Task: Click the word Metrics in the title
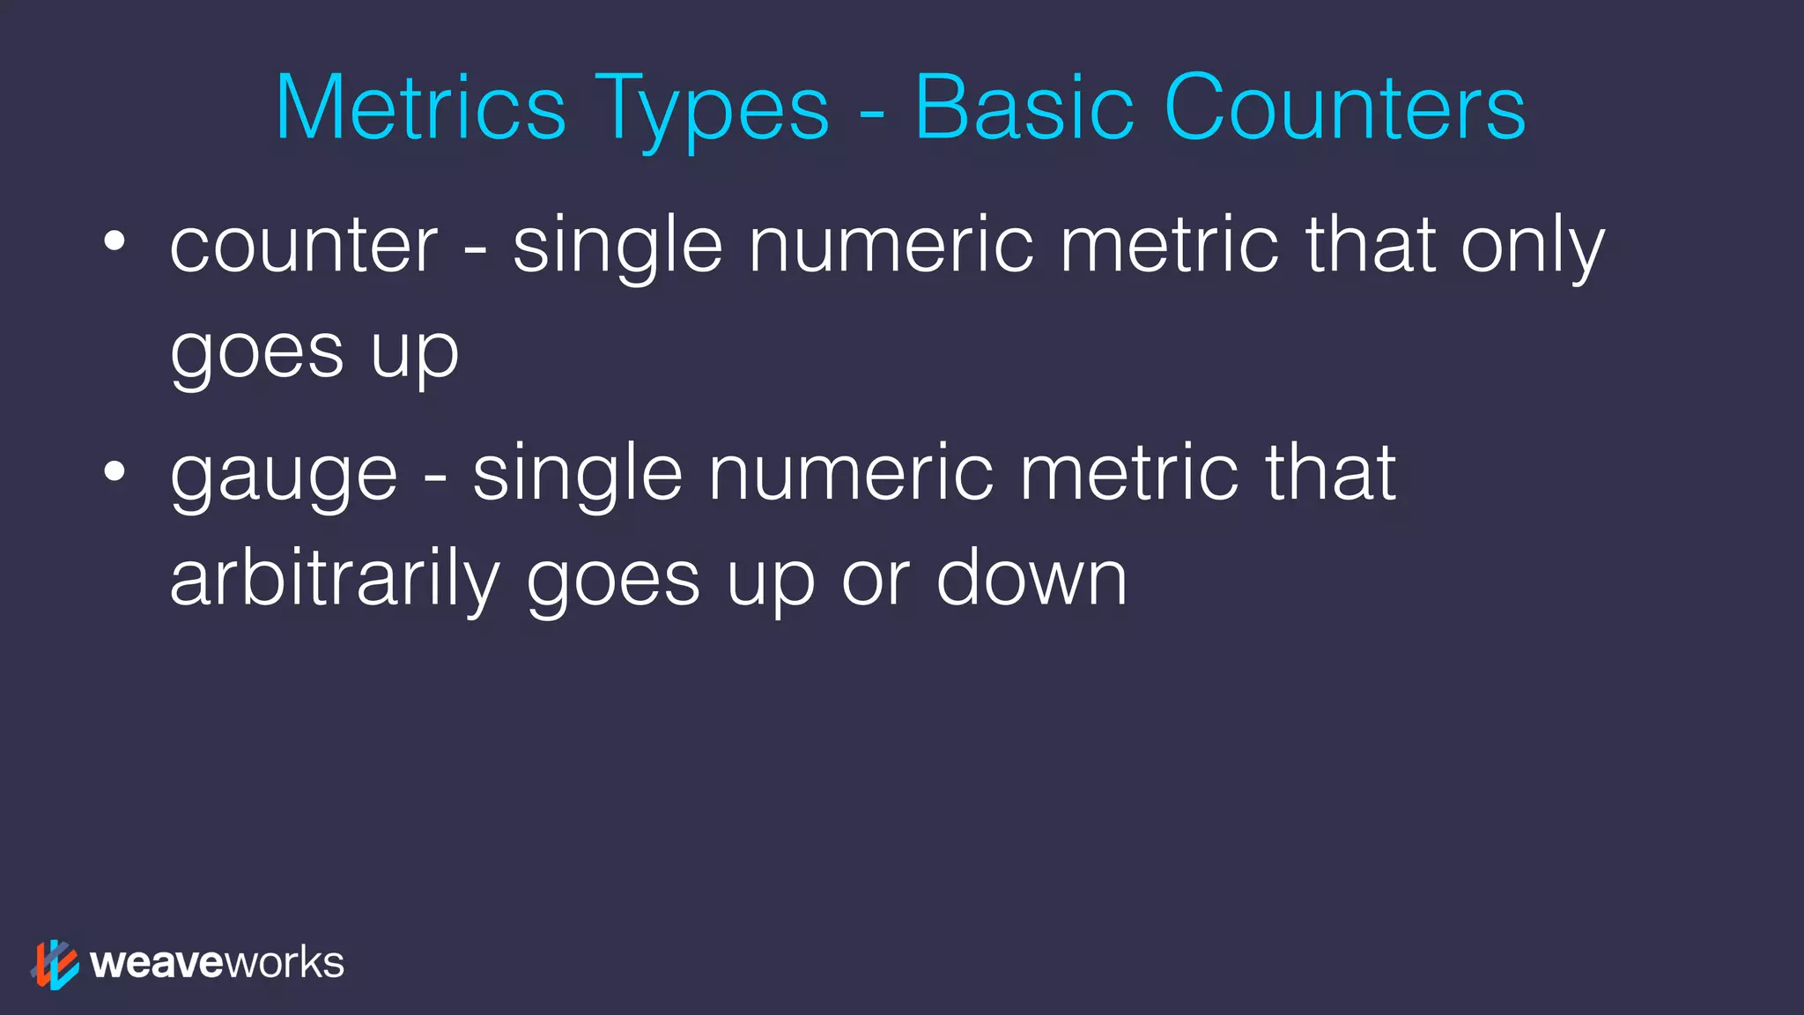click(x=420, y=107)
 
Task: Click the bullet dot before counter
click(x=115, y=241)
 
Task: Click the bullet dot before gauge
click(x=115, y=470)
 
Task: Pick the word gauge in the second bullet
click(x=284, y=478)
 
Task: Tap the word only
click(x=1533, y=248)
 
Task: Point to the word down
click(x=1031, y=578)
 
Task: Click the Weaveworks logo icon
click(x=55, y=964)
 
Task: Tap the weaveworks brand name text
click(x=217, y=963)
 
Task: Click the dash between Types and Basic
click(x=871, y=115)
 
